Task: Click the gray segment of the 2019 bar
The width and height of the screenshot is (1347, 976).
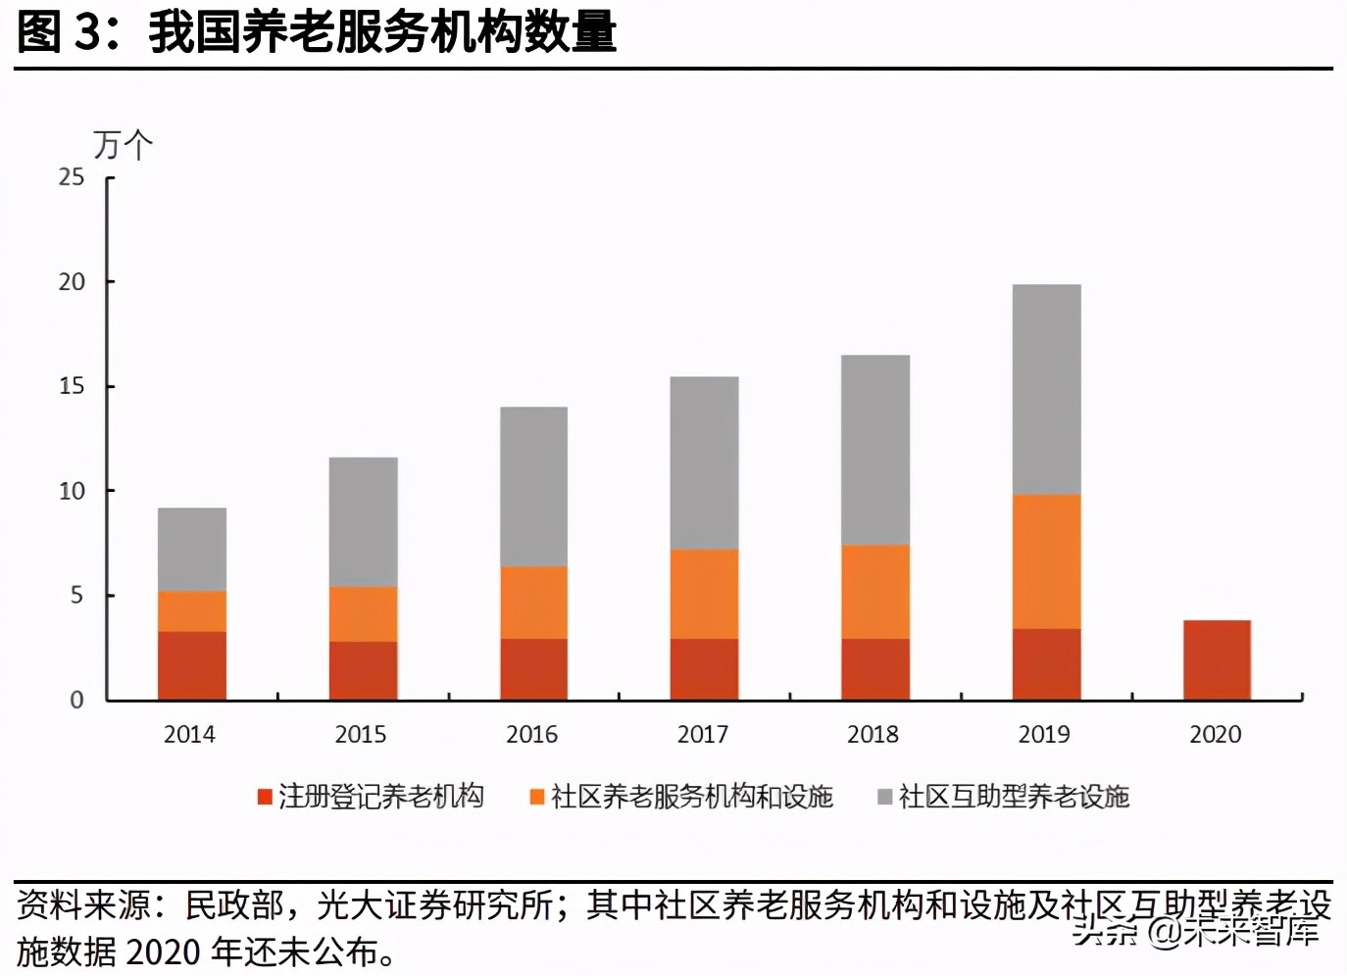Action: [1046, 389]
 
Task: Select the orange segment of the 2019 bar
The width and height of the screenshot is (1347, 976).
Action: [1046, 561]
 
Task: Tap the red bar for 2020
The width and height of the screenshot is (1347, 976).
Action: [1217, 659]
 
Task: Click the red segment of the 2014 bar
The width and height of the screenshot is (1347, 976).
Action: [192, 665]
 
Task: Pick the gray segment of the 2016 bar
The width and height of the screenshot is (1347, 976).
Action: [533, 486]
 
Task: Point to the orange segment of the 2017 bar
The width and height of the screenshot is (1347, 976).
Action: [704, 594]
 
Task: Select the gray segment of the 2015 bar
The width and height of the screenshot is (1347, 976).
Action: [363, 521]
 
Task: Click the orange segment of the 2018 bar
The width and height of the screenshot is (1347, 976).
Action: [874, 592]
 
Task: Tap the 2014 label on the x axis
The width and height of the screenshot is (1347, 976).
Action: [189, 734]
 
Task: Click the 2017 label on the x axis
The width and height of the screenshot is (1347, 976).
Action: [702, 734]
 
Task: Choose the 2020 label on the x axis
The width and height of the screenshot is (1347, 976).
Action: [1215, 734]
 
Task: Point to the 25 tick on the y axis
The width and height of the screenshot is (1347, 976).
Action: [72, 177]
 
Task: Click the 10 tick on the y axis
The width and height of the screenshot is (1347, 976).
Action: [72, 491]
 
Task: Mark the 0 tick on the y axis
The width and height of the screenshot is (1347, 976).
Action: [76, 700]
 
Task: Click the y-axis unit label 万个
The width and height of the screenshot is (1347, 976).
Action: [123, 145]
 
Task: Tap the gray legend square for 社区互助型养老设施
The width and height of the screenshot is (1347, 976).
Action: [884, 797]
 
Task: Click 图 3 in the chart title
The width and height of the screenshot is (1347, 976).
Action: [59, 32]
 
